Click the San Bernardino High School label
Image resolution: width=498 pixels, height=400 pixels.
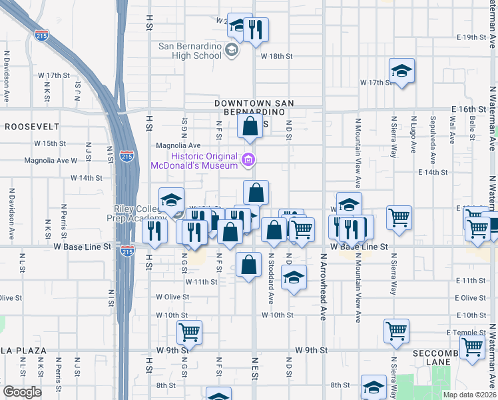coord(190,51)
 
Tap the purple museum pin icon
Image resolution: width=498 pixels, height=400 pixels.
coord(248,159)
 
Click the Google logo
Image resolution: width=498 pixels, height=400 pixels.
coord(23,392)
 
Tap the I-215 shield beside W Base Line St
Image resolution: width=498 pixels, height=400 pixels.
coord(128,251)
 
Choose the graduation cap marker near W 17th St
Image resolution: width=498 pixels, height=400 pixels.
coord(401,71)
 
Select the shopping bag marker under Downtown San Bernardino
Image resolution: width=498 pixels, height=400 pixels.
coord(250,125)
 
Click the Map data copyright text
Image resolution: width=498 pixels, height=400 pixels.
coord(470,394)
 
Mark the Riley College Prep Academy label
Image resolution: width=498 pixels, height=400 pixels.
coord(136,213)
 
